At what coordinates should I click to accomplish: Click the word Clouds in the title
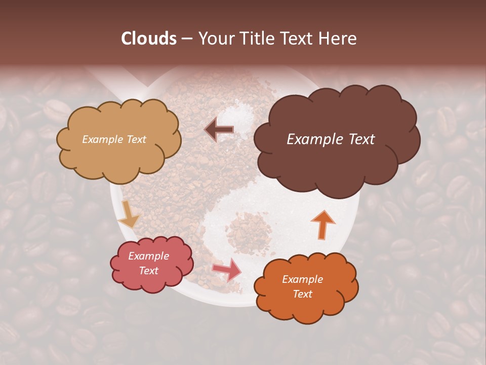(149, 39)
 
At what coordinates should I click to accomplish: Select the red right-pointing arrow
(227, 269)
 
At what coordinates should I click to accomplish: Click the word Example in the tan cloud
(103, 139)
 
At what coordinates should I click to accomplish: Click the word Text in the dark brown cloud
(358, 139)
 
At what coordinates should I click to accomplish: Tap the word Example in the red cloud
(148, 256)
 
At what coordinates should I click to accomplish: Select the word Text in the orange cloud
(302, 294)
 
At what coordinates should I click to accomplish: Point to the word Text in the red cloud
(148, 271)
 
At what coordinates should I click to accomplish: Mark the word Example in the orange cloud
(302, 279)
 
